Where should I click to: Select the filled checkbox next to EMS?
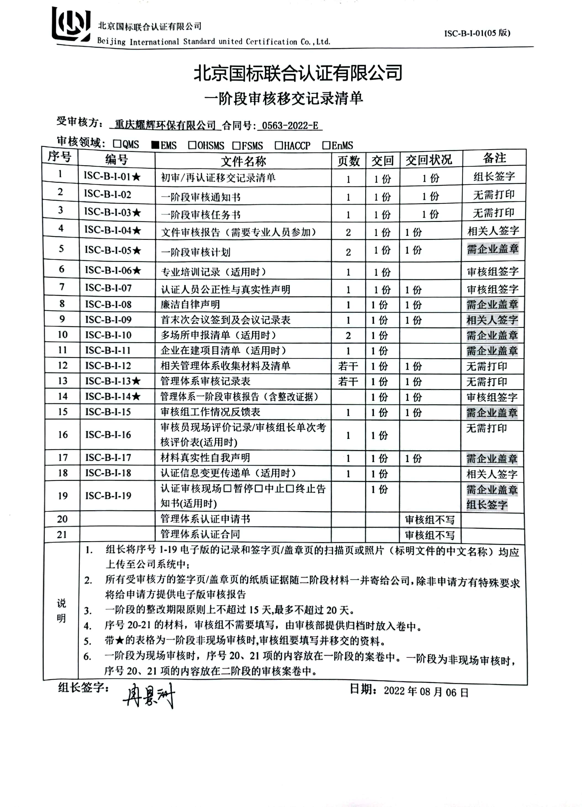[155, 145]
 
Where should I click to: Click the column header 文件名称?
[243, 161]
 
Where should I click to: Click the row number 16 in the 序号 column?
[63, 434]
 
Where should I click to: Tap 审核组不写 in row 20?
[430, 520]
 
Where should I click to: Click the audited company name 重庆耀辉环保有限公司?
[165, 125]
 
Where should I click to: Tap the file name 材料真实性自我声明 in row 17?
[205, 458]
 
